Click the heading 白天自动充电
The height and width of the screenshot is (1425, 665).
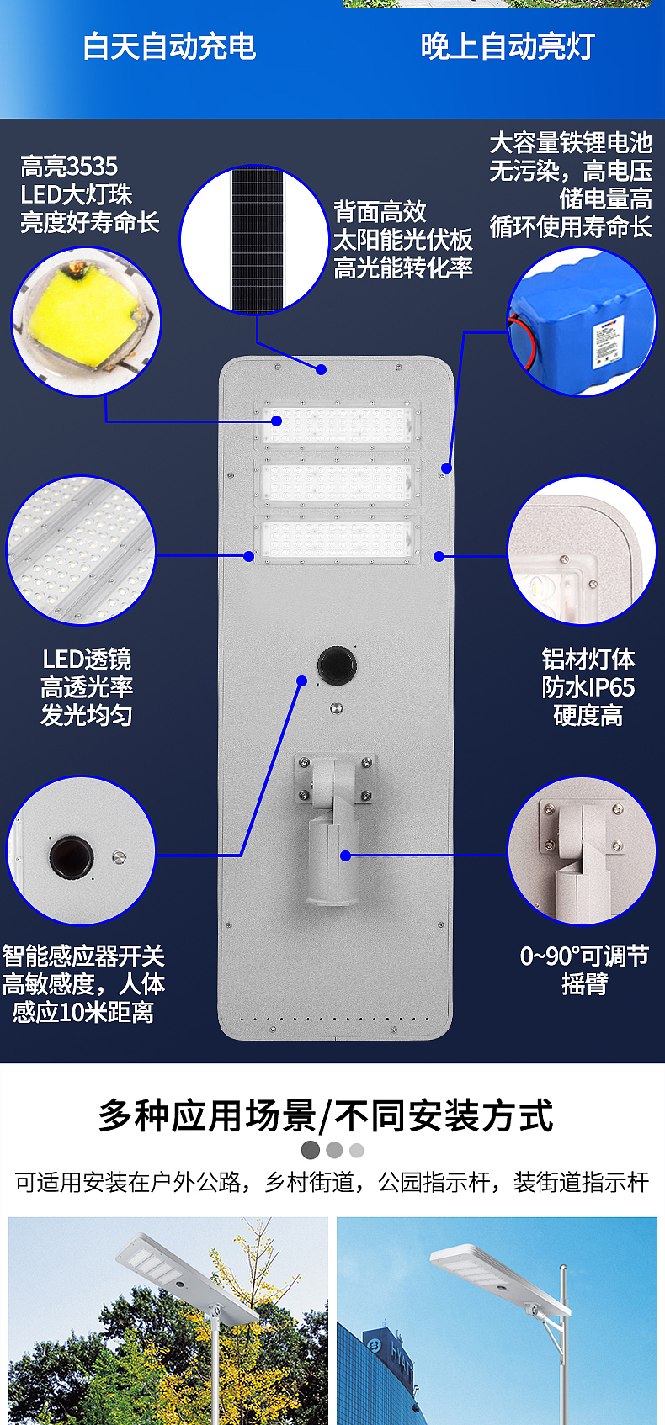[x=169, y=46]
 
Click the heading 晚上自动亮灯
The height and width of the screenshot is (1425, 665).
[x=508, y=46]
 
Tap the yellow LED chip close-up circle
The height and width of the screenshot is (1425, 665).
[x=85, y=321]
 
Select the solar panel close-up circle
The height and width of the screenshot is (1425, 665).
[x=253, y=240]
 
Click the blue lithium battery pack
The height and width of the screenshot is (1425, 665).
[x=582, y=323]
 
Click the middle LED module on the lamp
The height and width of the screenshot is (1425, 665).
[x=337, y=481]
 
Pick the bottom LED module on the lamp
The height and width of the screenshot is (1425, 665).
[x=337, y=538]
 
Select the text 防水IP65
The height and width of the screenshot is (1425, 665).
[x=588, y=687]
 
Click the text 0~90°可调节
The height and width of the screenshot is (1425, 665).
[x=584, y=956]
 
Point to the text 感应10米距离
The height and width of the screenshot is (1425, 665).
[x=82, y=1012]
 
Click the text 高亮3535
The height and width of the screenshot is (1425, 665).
[x=69, y=167]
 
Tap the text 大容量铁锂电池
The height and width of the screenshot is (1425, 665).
[x=571, y=142]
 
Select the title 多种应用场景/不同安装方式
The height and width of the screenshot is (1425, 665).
[x=326, y=1116]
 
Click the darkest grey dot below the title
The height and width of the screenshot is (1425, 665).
[x=311, y=1150]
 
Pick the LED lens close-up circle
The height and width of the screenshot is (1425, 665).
[x=82, y=551]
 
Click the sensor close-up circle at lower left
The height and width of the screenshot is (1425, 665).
[x=82, y=851]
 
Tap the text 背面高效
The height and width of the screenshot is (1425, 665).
[x=380, y=211]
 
